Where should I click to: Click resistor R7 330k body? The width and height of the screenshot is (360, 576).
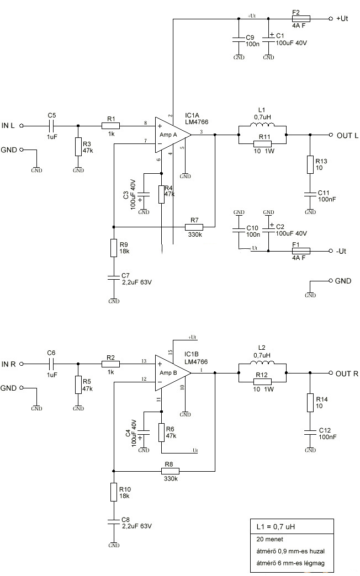click(194, 227)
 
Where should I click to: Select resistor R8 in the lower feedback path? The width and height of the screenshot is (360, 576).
click(170, 471)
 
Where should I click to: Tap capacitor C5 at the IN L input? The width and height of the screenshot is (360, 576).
click(52, 126)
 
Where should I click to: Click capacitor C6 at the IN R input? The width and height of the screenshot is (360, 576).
click(52, 364)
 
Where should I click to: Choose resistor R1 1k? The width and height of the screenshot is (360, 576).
click(110, 126)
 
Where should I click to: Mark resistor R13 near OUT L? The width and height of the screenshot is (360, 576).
click(310, 164)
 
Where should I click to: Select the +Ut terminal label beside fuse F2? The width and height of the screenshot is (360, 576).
click(342, 18)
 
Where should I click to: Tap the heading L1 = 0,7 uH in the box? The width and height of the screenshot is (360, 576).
click(276, 527)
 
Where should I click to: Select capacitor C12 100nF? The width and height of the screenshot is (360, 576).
click(310, 433)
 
